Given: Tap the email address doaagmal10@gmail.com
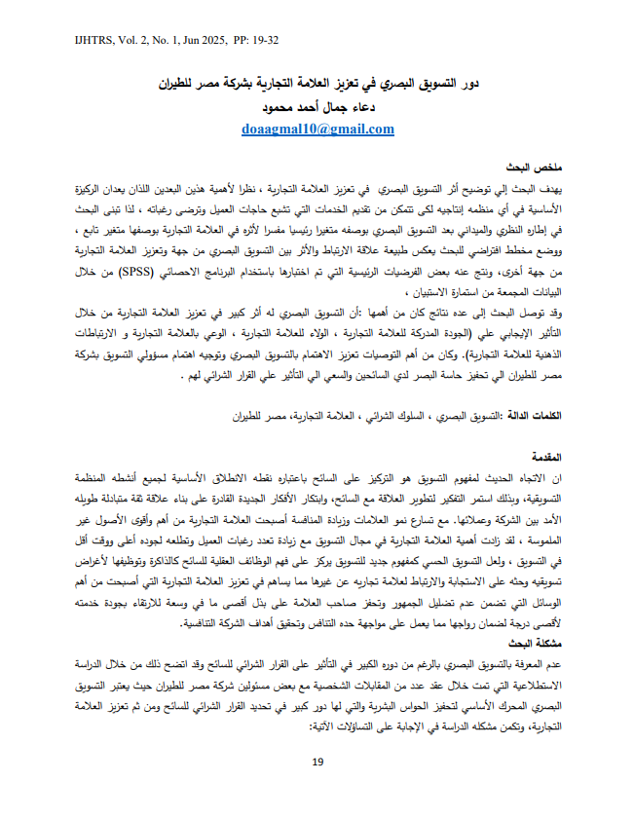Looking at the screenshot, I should [317, 129].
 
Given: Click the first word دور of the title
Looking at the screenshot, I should [462, 86].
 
